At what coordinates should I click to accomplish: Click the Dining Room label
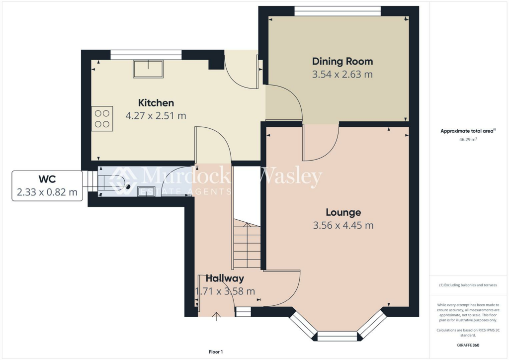(342, 62)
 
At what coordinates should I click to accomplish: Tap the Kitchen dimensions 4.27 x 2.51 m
(156, 116)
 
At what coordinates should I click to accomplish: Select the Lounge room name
(343, 212)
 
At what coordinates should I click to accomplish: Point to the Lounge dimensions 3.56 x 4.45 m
(343, 225)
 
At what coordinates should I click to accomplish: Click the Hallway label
(225, 278)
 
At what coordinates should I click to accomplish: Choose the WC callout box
(47, 185)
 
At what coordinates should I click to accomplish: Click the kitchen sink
(148, 69)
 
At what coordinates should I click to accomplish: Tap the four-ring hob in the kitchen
(102, 119)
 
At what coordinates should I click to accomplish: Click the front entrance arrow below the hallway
(217, 316)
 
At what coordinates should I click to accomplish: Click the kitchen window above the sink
(146, 54)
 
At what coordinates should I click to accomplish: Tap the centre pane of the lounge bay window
(337, 336)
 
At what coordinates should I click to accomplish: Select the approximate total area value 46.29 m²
(467, 140)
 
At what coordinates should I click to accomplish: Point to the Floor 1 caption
(216, 352)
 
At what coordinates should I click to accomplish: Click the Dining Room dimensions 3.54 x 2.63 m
(342, 75)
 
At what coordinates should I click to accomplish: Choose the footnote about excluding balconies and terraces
(467, 285)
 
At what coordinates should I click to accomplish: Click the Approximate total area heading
(467, 131)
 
